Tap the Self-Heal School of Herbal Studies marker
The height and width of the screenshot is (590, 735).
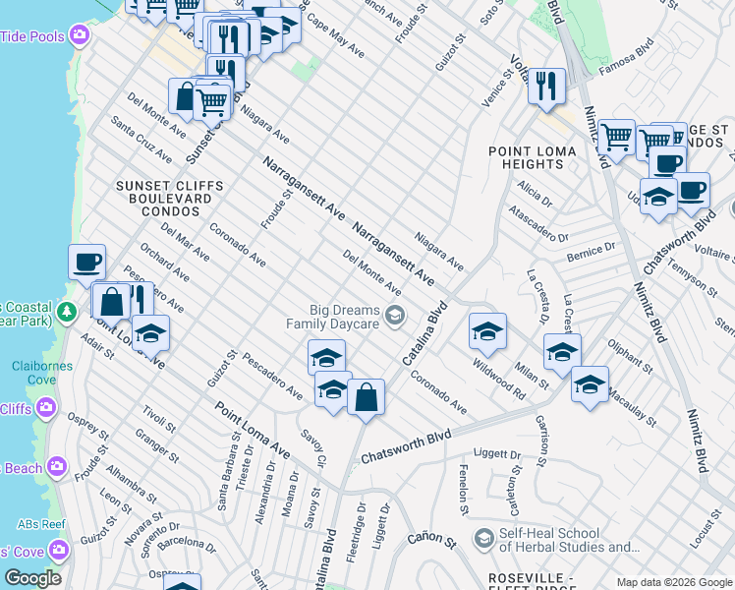pyautogui.click(x=482, y=538)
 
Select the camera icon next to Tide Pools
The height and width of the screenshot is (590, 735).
pyautogui.click(x=79, y=36)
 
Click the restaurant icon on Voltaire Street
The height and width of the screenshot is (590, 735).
pyautogui.click(x=545, y=87)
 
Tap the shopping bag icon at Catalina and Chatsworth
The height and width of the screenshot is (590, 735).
pyautogui.click(x=366, y=398)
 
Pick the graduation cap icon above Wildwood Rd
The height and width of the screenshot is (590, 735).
pyautogui.click(x=486, y=333)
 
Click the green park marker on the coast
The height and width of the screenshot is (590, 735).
pyautogui.click(x=66, y=313)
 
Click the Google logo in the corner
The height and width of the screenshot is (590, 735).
pyautogui.click(x=32, y=578)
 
